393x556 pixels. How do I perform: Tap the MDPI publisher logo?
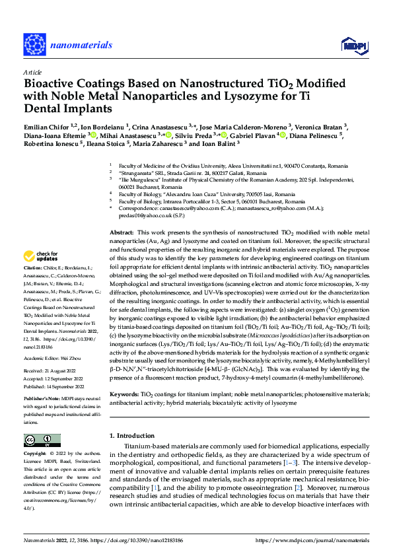350,45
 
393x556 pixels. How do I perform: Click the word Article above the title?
32,72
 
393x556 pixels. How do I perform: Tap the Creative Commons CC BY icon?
38,440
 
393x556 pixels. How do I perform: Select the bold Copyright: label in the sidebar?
36,455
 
